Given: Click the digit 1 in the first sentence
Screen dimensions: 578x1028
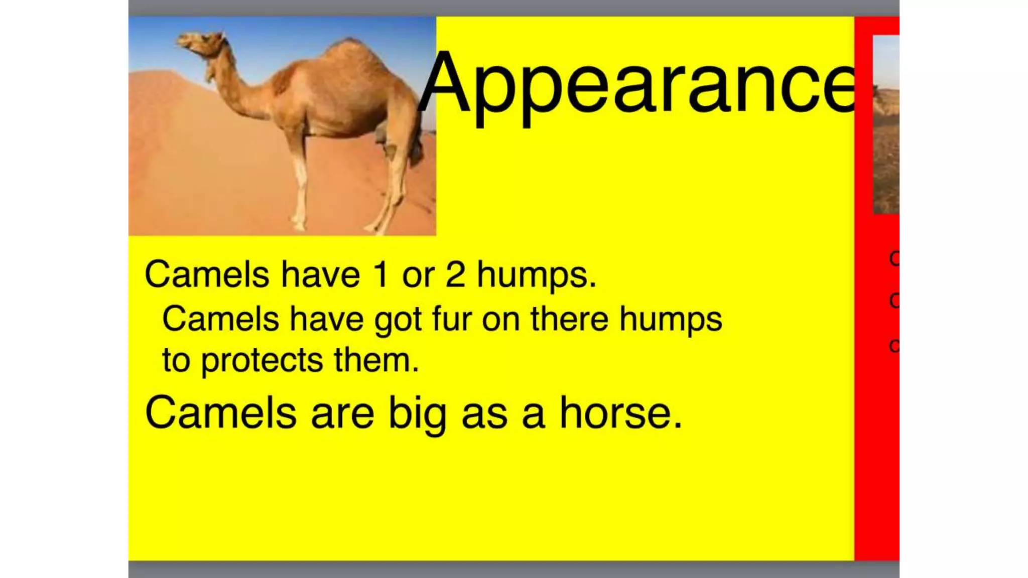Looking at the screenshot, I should [x=381, y=274].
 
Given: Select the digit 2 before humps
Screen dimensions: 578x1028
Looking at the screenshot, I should [x=455, y=274].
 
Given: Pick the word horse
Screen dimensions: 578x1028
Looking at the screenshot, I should [x=620, y=413].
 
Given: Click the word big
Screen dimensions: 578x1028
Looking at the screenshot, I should [x=417, y=414].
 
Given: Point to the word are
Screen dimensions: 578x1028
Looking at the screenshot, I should [x=342, y=414].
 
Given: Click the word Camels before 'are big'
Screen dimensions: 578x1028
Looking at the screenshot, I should [x=221, y=413].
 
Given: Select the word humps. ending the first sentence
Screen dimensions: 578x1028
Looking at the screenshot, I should [x=536, y=275].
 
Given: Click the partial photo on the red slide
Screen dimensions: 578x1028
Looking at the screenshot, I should [x=886, y=125].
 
